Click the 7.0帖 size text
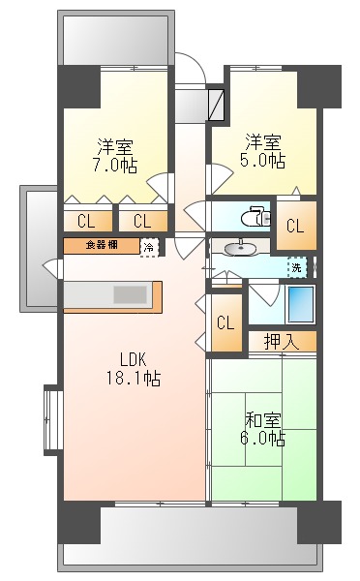(115, 166)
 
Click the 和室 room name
(263, 419)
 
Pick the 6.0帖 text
(263, 439)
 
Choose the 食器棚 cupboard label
(102, 245)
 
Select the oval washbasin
(241, 249)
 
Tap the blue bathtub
(300, 304)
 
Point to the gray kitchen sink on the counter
(129, 294)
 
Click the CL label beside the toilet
(295, 227)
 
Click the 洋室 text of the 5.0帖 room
(263, 139)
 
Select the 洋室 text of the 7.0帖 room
(115, 146)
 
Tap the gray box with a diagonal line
(215, 104)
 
